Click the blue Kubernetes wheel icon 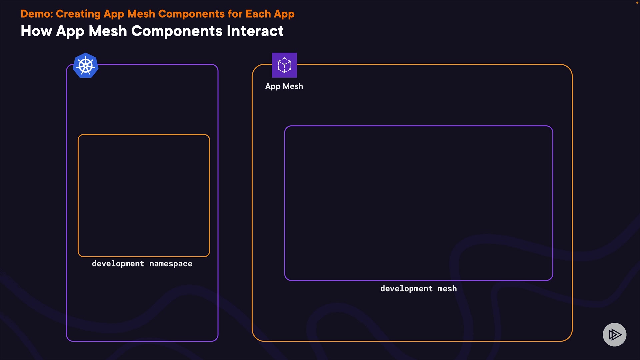tap(86, 65)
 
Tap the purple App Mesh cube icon tap(284, 65)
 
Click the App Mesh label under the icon tap(284, 86)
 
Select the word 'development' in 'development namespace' tap(118, 264)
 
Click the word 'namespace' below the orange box tap(171, 264)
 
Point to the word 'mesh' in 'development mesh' tap(447, 289)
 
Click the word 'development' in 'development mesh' tap(406, 289)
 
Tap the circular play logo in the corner tap(614, 334)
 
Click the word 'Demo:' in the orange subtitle tap(37, 14)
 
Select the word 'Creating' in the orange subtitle tap(78, 14)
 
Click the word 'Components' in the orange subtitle tap(191, 14)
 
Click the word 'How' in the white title tap(36, 31)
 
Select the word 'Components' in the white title tap(177, 31)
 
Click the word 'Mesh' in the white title tap(108, 31)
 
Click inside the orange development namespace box tap(144, 195)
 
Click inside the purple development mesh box tap(418, 203)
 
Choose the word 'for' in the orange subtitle tap(235, 14)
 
